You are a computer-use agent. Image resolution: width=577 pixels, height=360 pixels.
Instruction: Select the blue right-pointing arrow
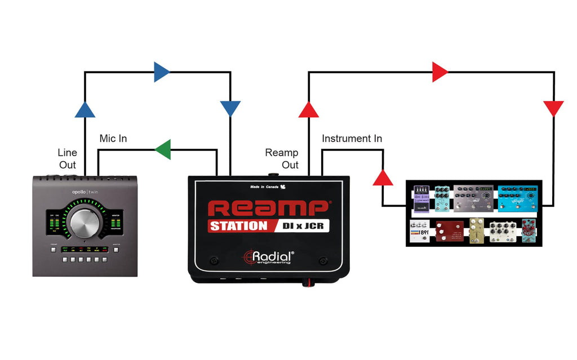(x=161, y=72)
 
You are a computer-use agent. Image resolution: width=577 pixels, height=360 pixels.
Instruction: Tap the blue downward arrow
(x=230, y=108)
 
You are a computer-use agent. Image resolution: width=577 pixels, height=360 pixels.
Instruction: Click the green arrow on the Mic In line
(x=163, y=149)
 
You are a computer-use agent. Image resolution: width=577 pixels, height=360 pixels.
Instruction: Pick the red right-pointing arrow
(x=440, y=72)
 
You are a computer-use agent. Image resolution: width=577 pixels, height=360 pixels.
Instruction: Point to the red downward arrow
(x=553, y=108)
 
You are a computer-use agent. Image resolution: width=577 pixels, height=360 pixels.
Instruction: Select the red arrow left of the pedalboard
(x=383, y=177)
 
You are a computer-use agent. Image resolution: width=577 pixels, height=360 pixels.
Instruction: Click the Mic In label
(x=113, y=139)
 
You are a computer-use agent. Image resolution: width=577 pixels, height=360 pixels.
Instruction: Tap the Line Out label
(x=68, y=158)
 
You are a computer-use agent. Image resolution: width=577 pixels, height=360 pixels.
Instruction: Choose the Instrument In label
(x=352, y=139)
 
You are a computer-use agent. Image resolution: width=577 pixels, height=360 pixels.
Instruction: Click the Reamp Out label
(x=282, y=158)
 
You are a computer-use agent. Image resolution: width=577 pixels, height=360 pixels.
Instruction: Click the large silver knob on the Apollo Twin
(x=85, y=221)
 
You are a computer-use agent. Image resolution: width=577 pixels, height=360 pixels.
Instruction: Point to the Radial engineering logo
(x=268, y=257)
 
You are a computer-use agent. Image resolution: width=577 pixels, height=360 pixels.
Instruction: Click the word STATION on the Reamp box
(x=238, y=226)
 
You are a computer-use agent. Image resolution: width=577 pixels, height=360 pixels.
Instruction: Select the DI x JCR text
(x=302, y=226)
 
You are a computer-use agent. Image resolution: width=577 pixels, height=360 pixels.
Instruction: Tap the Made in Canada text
(x=264, y=186)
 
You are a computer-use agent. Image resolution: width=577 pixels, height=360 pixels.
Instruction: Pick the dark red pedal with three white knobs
(x=450, y=232)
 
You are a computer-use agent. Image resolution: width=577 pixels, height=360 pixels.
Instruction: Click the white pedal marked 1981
(x=420, y=231)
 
